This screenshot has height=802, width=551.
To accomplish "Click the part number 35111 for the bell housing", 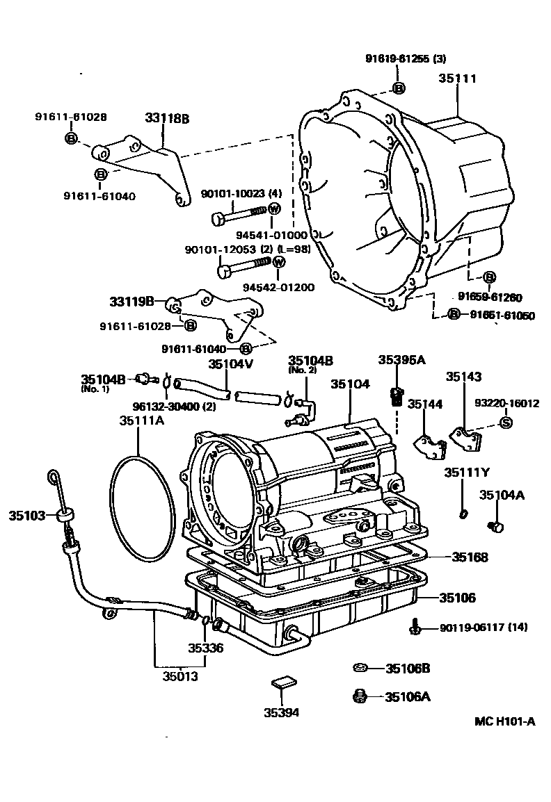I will [x=457, y=79].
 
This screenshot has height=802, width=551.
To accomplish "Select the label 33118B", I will [x=167, y=118].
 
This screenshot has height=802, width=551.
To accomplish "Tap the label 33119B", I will [x=131, y=302].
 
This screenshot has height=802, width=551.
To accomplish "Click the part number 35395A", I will [x=401, y=359].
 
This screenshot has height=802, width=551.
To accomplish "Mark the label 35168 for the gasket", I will [x=470, y=557].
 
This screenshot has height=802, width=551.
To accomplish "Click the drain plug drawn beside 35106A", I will [x=360, y=696].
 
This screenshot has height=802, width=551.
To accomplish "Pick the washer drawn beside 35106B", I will [x=360, y=668].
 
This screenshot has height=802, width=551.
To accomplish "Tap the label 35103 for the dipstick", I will [x=26, y=516].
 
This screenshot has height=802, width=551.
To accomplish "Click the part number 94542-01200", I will [x=278, y=287].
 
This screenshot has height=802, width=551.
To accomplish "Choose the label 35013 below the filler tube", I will [x=180, y=675].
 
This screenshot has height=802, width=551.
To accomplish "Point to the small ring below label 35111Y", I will [x=463, y=514].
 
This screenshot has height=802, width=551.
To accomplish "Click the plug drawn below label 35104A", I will [x=496, y=527].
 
